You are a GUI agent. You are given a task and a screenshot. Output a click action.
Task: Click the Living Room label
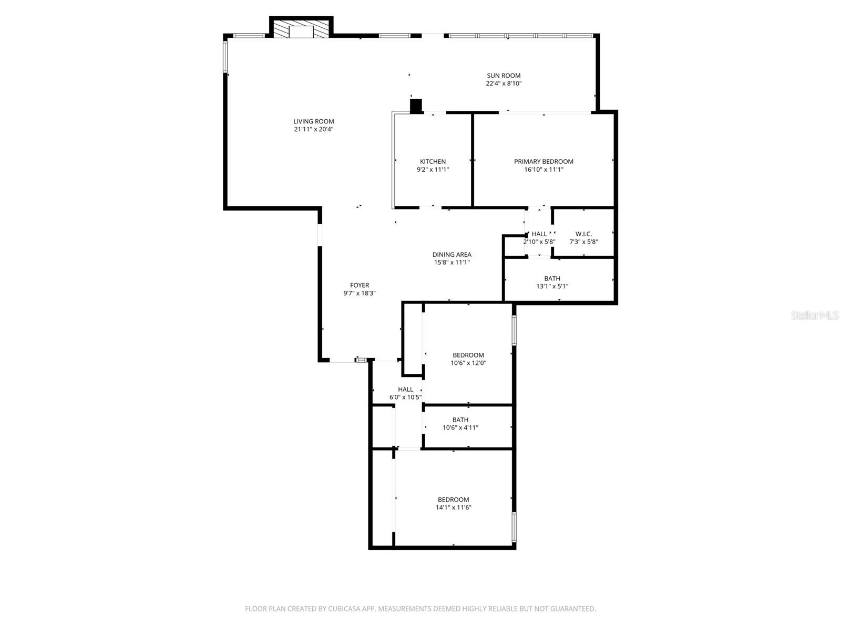pyautogui.click(x=313, y=121)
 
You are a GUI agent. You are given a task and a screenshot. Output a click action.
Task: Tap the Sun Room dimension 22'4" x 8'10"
pyautogui.click(x=503, y=83)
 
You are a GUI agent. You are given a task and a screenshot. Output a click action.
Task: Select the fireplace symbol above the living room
pyautogui.click(x=301, y=30)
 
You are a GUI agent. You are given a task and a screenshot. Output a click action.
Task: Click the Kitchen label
pyautogui.click(x=433, y=161)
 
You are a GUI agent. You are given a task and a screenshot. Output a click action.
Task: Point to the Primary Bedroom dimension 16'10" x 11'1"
pyautogui.click(x=543, y=170)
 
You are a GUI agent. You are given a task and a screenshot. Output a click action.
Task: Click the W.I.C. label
pyautogui.click(x=583, y=234)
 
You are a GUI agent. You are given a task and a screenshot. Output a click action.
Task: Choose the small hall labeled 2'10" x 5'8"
pyautogui.click(x=539, y=234)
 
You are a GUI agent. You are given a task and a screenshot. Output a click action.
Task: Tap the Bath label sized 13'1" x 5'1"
pyautogui.click(x=552, y=278)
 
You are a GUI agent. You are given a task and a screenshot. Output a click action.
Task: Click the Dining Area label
pyautogui.click(x=452, y=254)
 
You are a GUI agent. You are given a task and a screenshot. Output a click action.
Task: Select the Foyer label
pyautogui.click(x=360, y=285)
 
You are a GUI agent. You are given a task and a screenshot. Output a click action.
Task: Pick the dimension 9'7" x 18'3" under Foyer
pyautogui.click(x=360, y=293)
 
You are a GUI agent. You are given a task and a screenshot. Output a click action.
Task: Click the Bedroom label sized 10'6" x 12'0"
pyautogui.click(x=468, y=355)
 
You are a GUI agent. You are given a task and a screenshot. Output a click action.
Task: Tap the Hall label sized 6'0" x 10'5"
pyautogui.click(x=405, y=389)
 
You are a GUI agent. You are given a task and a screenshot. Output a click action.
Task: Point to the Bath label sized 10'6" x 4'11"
pyautogui.click(x=460, y=419)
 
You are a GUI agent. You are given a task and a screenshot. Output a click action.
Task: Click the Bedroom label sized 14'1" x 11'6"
pyautogui.click(x=453, y=499)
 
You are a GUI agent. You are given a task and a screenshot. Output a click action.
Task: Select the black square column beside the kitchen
pyautogui.click(x=416, y=106)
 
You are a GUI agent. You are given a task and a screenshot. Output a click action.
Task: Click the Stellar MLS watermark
pyautogui.click(x=815, y=316)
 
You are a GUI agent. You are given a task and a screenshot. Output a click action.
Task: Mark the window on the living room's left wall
pyautogui.click(x=225, y=57)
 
